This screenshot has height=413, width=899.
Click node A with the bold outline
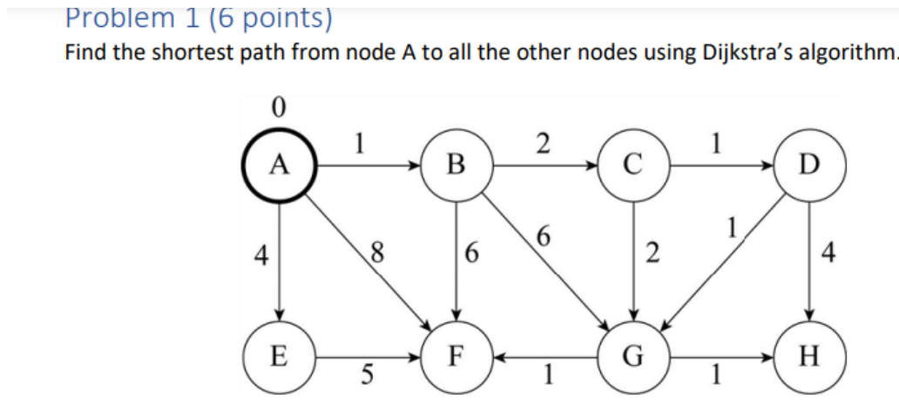coord(279,163)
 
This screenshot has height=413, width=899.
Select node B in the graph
coord(456,164)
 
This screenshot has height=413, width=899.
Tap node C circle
coord(633,164)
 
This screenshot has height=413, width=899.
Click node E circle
coord(279,356)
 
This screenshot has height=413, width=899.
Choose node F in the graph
coord(456,356)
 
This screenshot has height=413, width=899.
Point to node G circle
coord(633,356)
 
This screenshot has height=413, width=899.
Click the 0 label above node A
coord(278,108)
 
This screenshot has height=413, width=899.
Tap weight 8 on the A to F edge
coord(376,254)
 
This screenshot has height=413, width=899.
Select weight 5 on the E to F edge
coord(368,376)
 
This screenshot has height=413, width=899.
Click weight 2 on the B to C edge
coord(543,143)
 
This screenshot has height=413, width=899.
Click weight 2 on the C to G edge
coord(651,254)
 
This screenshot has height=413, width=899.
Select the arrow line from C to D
coord(722,164)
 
